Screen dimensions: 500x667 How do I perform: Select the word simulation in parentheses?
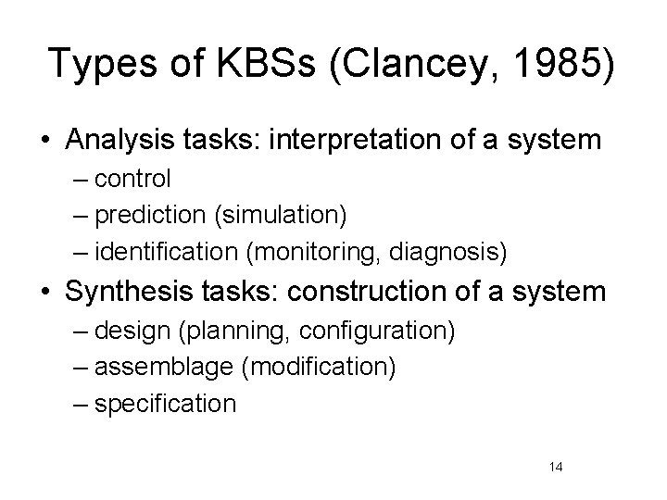(292, 216)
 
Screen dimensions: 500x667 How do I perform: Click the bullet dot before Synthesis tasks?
(47, 293)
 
